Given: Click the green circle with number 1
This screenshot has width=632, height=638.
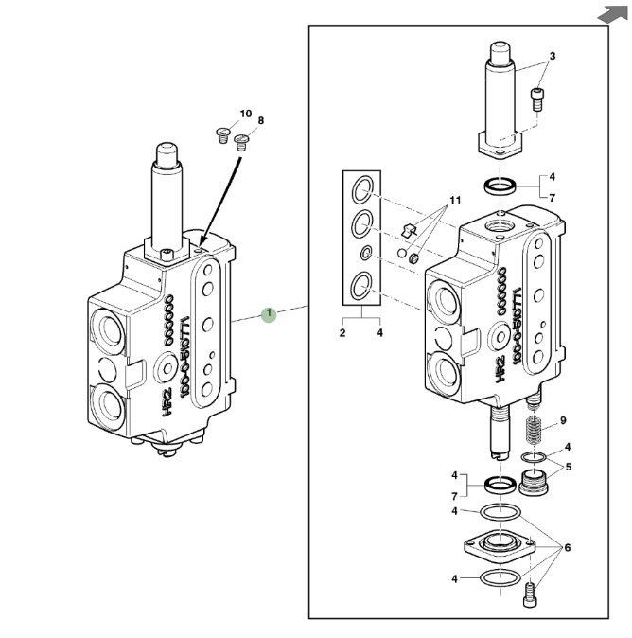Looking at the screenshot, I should tap(269, 313).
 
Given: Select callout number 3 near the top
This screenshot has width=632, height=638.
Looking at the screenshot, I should tap(553, 56).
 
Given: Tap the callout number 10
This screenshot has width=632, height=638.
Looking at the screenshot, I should tap(246, 115).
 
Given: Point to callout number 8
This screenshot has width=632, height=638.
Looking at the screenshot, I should tap(260, 121).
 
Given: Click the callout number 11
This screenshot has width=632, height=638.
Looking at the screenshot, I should tap(454, 202).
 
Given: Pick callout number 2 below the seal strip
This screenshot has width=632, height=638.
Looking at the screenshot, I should tap(343, 333).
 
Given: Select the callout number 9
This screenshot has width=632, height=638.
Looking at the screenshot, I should tap(562, 420).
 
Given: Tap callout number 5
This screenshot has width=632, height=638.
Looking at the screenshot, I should tap(568, 466).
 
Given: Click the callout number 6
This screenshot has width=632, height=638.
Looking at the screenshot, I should tap(568, 547).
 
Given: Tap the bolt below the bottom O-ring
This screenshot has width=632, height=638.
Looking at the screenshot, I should tap(531, 594).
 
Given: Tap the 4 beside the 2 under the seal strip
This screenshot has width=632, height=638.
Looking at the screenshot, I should tap(379, 333).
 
